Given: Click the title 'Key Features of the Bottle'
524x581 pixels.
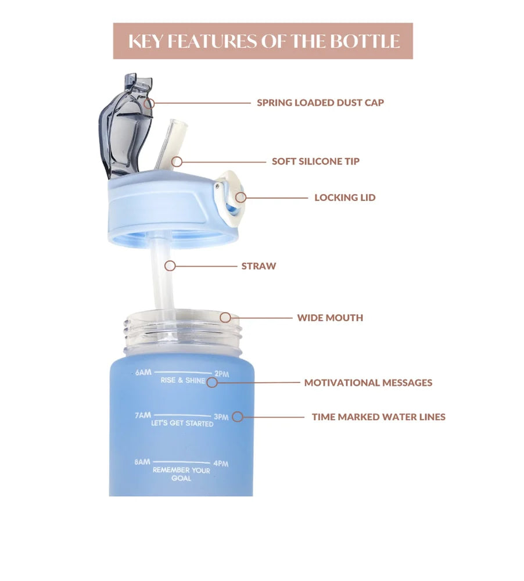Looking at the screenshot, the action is point(264,41).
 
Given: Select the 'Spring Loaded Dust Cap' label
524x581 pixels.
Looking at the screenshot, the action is point(321,103).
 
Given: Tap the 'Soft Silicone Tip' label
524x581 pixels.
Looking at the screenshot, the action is point(315,161).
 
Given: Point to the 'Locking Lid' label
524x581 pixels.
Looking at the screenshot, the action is point(345,198).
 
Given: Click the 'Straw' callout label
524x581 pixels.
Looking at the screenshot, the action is point(259,266).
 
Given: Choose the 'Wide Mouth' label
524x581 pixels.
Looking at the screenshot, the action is point(330,318).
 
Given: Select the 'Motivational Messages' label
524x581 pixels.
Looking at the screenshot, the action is point(368,383).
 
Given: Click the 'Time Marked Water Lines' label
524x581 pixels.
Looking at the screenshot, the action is point(379,417).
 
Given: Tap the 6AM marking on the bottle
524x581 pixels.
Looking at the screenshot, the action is point(143,372).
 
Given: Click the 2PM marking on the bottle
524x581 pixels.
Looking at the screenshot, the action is point(221,374).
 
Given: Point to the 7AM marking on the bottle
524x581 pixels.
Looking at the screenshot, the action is point(143,415).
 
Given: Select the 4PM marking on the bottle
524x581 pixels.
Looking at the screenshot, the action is point(221,463).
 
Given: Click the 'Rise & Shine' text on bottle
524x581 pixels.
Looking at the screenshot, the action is point(183,380).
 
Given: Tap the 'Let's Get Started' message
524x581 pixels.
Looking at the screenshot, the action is point(182,423).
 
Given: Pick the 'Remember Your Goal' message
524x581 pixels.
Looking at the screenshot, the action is point(182,474).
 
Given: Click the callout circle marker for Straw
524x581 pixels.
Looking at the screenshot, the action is point(170,266).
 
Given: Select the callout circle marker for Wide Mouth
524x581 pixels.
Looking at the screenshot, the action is point(225,318).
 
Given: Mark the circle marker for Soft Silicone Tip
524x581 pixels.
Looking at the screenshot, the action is point(177,162).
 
